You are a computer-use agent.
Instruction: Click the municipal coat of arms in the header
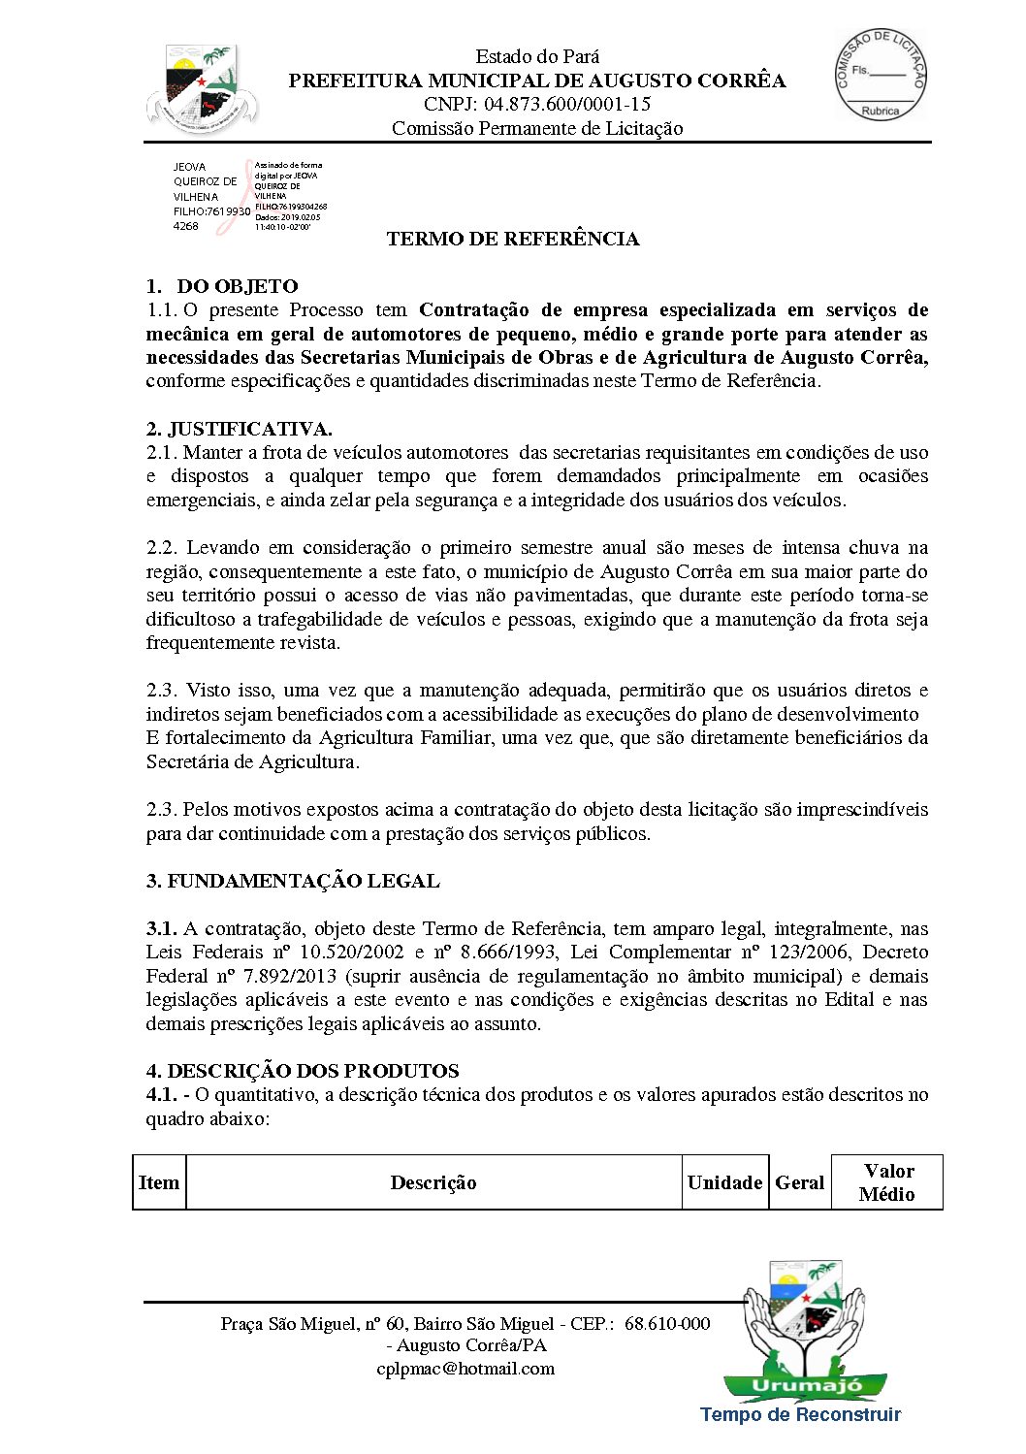pos(202,87)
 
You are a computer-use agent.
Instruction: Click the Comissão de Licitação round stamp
pos(881,75)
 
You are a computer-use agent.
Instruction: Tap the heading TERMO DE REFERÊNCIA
pos(513,239)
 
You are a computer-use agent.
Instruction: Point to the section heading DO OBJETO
pos(237,286)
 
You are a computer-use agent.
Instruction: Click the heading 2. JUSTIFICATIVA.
pos(239,429)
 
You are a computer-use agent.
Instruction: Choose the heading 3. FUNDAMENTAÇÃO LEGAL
pos(293,881)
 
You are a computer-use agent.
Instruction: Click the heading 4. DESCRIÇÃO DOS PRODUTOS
pos(303,1071)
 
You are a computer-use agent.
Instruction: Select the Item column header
pos(159,1182)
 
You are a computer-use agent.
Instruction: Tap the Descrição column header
pos(433,1182)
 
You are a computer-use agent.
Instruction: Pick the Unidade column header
pos(724,1182)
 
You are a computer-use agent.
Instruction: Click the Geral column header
pos(800,1182)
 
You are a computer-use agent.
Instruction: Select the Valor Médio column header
pos(887,1182)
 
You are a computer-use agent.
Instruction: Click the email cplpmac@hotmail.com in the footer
pos(465,1369)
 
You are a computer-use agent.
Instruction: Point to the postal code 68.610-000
pos(667,1324)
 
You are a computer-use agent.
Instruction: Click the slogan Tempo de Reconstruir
pos(800,1415)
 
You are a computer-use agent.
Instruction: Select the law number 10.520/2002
pos(349,953)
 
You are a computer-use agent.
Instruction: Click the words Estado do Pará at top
pos(537,56)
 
